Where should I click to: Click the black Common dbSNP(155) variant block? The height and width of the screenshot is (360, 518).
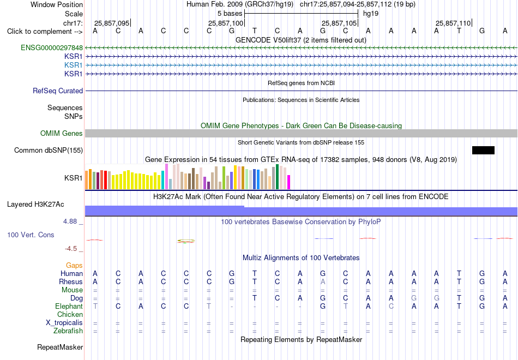click(x=483, y=150)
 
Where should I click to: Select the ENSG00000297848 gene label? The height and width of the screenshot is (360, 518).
click(x=52, y=48)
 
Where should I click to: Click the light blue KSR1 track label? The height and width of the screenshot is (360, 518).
click(x=74, y=65)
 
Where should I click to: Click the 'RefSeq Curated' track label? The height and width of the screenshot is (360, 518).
click(x=58, y=91)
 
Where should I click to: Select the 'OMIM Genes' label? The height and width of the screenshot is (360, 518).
click(x=62, y=133)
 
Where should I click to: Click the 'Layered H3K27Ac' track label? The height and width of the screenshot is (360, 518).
click(x=35, y=205)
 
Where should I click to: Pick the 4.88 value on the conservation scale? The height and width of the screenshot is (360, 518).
click(x=70, y=221)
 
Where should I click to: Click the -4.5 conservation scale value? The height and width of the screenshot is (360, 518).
click(x=71, y=249)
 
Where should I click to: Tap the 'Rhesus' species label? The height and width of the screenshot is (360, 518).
click(x=71, y=281)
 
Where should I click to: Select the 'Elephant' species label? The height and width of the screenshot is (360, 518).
click(x=69, y=307)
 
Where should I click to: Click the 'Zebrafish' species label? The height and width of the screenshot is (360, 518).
click(x=68, y=331)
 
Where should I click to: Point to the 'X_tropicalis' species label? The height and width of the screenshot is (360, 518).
click(x=64, y=323)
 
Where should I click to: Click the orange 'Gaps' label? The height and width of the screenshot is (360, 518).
click(x=74, y=266)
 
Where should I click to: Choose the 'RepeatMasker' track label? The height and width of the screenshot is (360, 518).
click(x=60, y=347)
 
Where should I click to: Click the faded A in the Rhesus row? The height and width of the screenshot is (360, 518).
click(x=323, y=281)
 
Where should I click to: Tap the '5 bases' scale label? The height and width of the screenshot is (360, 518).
click(x=230, y=14)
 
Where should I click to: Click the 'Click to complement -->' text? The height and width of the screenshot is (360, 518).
click(x=45, y=32)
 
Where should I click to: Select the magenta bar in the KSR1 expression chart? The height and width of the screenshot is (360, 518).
click(x=289, y=182)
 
